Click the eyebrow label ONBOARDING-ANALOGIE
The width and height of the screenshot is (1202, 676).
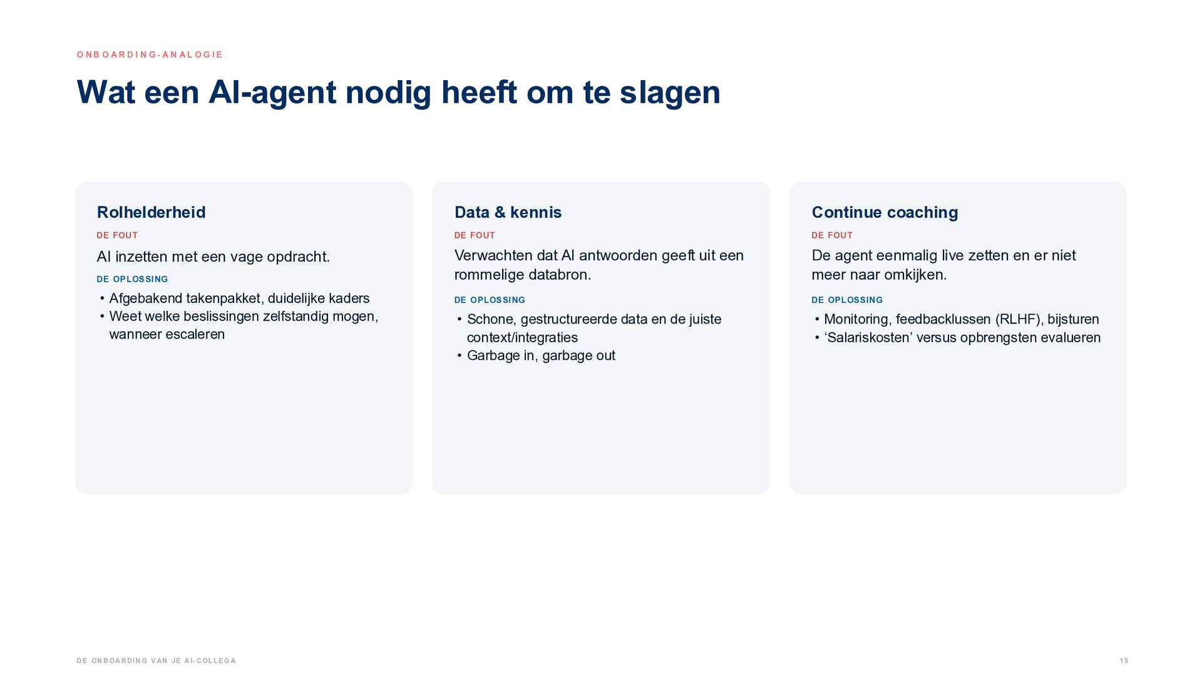[x=150, y=54]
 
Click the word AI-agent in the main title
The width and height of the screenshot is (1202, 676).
[x=272, y=93]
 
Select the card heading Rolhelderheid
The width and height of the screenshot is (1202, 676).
[x=151, y=212]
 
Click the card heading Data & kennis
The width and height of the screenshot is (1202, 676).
[x=508, y=212]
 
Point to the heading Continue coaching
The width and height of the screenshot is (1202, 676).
[x=885, y=212]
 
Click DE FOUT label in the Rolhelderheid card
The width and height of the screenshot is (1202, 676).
[x=117, y=235]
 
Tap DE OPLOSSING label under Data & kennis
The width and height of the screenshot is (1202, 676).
[x=490, y=300]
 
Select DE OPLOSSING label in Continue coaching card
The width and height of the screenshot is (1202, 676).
[x=847, y=300]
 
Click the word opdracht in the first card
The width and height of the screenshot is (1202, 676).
[x=298, y=257]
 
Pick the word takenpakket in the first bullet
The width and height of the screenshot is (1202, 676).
[x=223, y=299]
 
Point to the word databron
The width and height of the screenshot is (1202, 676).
[x=560, y=275]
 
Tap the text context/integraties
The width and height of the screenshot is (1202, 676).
[x=522, y=338]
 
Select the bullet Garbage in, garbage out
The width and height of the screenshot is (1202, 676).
[x=541, y=356]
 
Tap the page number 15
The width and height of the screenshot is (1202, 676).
[x=1124, y=661]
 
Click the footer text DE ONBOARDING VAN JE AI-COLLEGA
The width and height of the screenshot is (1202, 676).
[x=157, y=661]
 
